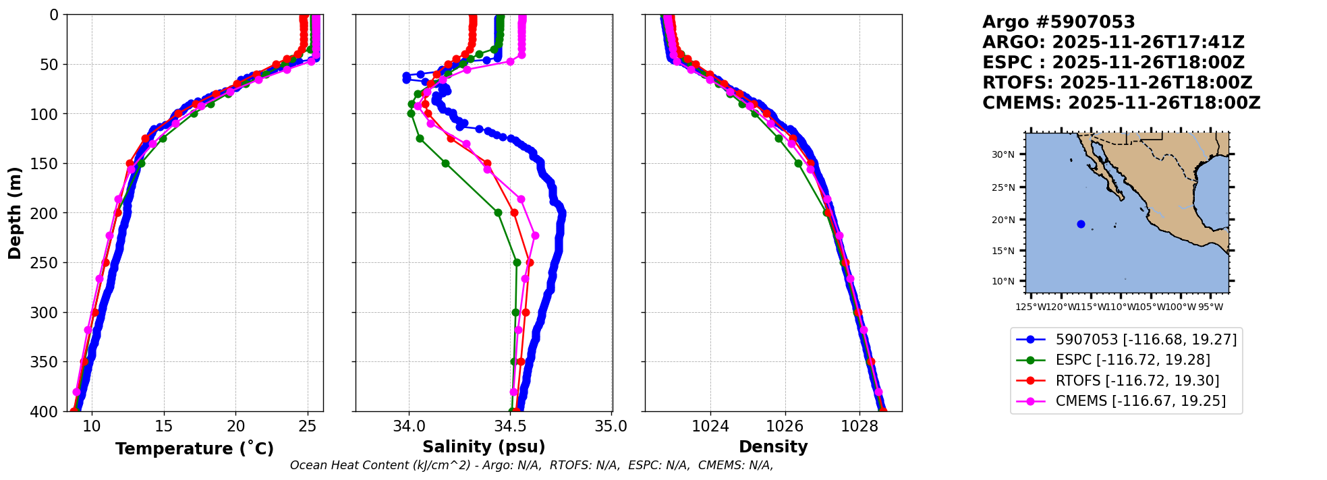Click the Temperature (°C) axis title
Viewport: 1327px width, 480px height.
pos(194,449)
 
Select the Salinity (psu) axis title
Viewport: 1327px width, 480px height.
pos(484,447)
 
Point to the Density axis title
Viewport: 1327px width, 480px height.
pos(773,447)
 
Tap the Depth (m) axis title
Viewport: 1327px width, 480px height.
pos(15,212)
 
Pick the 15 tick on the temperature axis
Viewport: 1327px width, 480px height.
pos(163,426)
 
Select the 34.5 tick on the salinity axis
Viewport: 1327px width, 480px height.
pos(510,426)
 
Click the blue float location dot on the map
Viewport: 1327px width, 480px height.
pos(1081,224)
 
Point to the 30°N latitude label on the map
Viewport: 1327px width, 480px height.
pos(1003,154)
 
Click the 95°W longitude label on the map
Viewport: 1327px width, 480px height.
pos(1210,307)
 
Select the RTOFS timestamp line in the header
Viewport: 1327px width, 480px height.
pos(1117,83)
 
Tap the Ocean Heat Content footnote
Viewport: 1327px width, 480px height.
pos(531,465)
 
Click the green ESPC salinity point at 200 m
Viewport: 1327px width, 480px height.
pos(498,212)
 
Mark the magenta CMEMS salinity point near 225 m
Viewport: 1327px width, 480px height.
pos(535,235)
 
